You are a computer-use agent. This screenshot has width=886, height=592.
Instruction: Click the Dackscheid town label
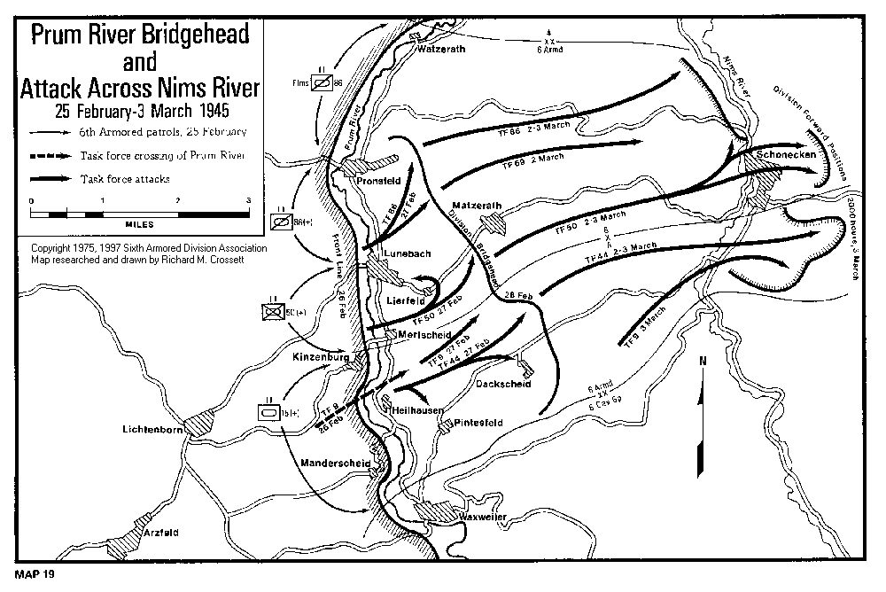coord(502,384)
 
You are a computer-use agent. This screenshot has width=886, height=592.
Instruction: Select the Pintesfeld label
coord(478,423)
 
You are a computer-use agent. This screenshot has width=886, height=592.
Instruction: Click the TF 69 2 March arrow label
coord(533,160)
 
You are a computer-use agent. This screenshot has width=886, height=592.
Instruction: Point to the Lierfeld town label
coord(401,300)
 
